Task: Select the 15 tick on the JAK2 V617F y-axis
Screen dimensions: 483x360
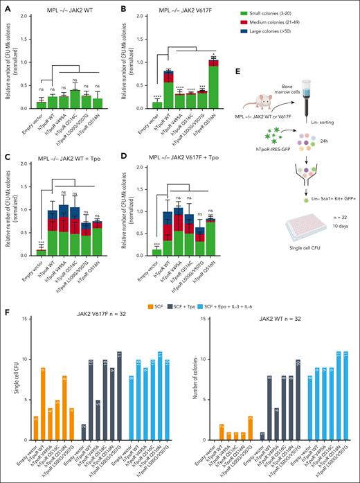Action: pos(23,319)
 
